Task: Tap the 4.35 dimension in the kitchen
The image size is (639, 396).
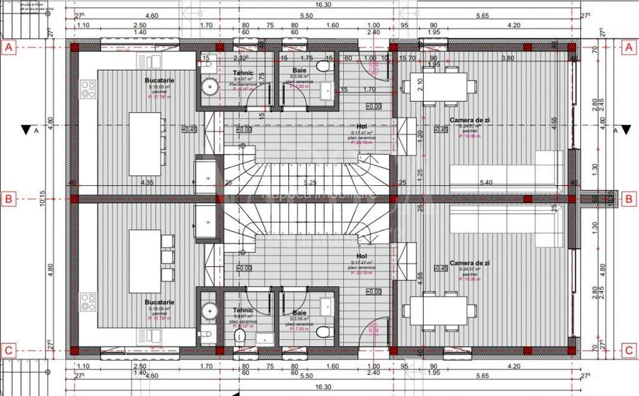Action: pos(147,182)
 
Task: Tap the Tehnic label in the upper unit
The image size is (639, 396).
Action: pos(243,73)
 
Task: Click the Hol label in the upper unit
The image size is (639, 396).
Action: pos(361,126)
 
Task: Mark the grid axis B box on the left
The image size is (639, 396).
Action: pos(9,199)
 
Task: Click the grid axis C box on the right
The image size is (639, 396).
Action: pos(628,350)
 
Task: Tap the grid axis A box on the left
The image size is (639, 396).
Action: pos(9,48)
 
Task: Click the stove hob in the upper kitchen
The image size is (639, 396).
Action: pos(88,89)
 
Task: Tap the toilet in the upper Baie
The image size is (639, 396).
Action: pos(324,67)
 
